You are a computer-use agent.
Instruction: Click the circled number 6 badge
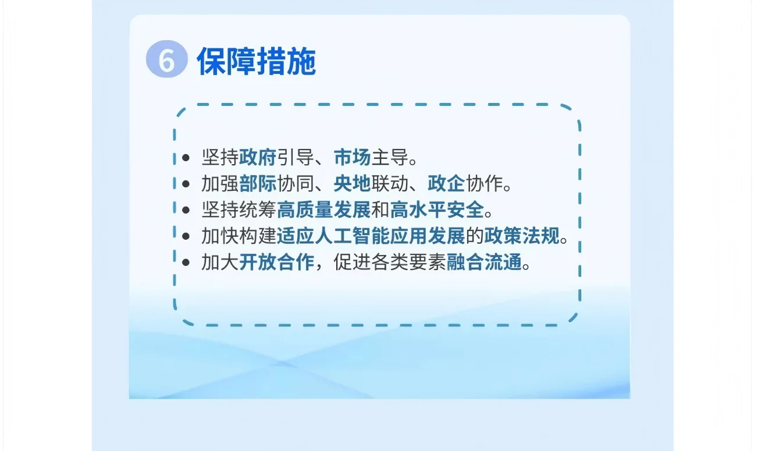(167, 61)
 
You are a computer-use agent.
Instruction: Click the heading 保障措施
(256, 62)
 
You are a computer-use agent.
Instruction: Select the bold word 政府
(257, 157)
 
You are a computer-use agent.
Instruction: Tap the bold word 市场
(352, 157)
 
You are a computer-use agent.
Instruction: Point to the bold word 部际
(257, 184)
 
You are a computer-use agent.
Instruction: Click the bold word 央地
(352, 184)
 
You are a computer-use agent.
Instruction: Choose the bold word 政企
(446, 184)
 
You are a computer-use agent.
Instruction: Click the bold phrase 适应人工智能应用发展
(371, 236)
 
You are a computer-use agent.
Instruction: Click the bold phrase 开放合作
(276, 263)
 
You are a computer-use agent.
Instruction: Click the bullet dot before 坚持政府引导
(186, 158)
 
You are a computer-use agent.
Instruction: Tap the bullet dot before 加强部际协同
(186, 184)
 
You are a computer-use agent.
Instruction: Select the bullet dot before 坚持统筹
(186, 211)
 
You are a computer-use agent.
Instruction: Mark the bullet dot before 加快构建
(186, 237)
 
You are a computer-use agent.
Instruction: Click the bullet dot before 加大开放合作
(186, 264)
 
